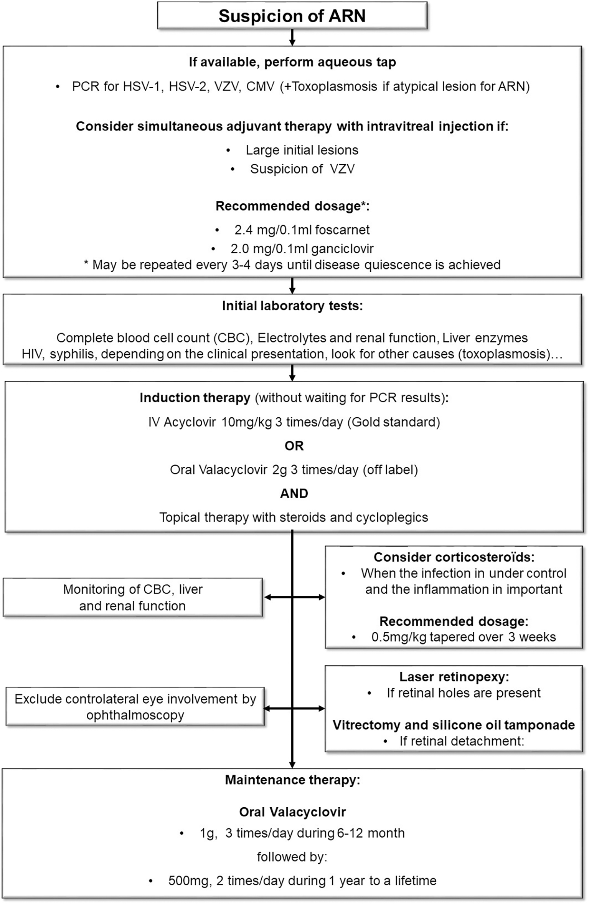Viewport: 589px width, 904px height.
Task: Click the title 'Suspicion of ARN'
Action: (x=292, y=16)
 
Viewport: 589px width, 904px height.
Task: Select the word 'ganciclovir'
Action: (x=342, y=249)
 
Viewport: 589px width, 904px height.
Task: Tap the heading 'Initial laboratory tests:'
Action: (x=292, y=306)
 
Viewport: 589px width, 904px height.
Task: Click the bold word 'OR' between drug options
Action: (x=294, y=446)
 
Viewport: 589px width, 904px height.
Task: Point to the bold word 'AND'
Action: (x=294, y=494)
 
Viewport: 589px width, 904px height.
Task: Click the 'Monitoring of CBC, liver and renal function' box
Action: (x=133, y=598)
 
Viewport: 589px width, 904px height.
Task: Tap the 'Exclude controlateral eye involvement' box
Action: (x=135, y=707)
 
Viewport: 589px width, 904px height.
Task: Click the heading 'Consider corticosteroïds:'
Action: (x=454, y=557)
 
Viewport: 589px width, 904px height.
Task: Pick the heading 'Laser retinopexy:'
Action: (x=454, y=677)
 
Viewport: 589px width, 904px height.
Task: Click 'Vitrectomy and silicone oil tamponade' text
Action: (x=454, y=725)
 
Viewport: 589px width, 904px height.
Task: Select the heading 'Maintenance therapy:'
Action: (x=292, y=780)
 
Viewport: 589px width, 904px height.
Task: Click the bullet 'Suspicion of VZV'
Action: (x=302, y=169)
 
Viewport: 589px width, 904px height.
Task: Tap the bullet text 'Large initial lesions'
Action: (x=302, y=150)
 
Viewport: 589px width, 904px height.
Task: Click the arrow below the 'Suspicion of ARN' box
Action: (x=292, y=38)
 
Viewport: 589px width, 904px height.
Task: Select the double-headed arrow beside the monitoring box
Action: (x=294, y=597)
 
